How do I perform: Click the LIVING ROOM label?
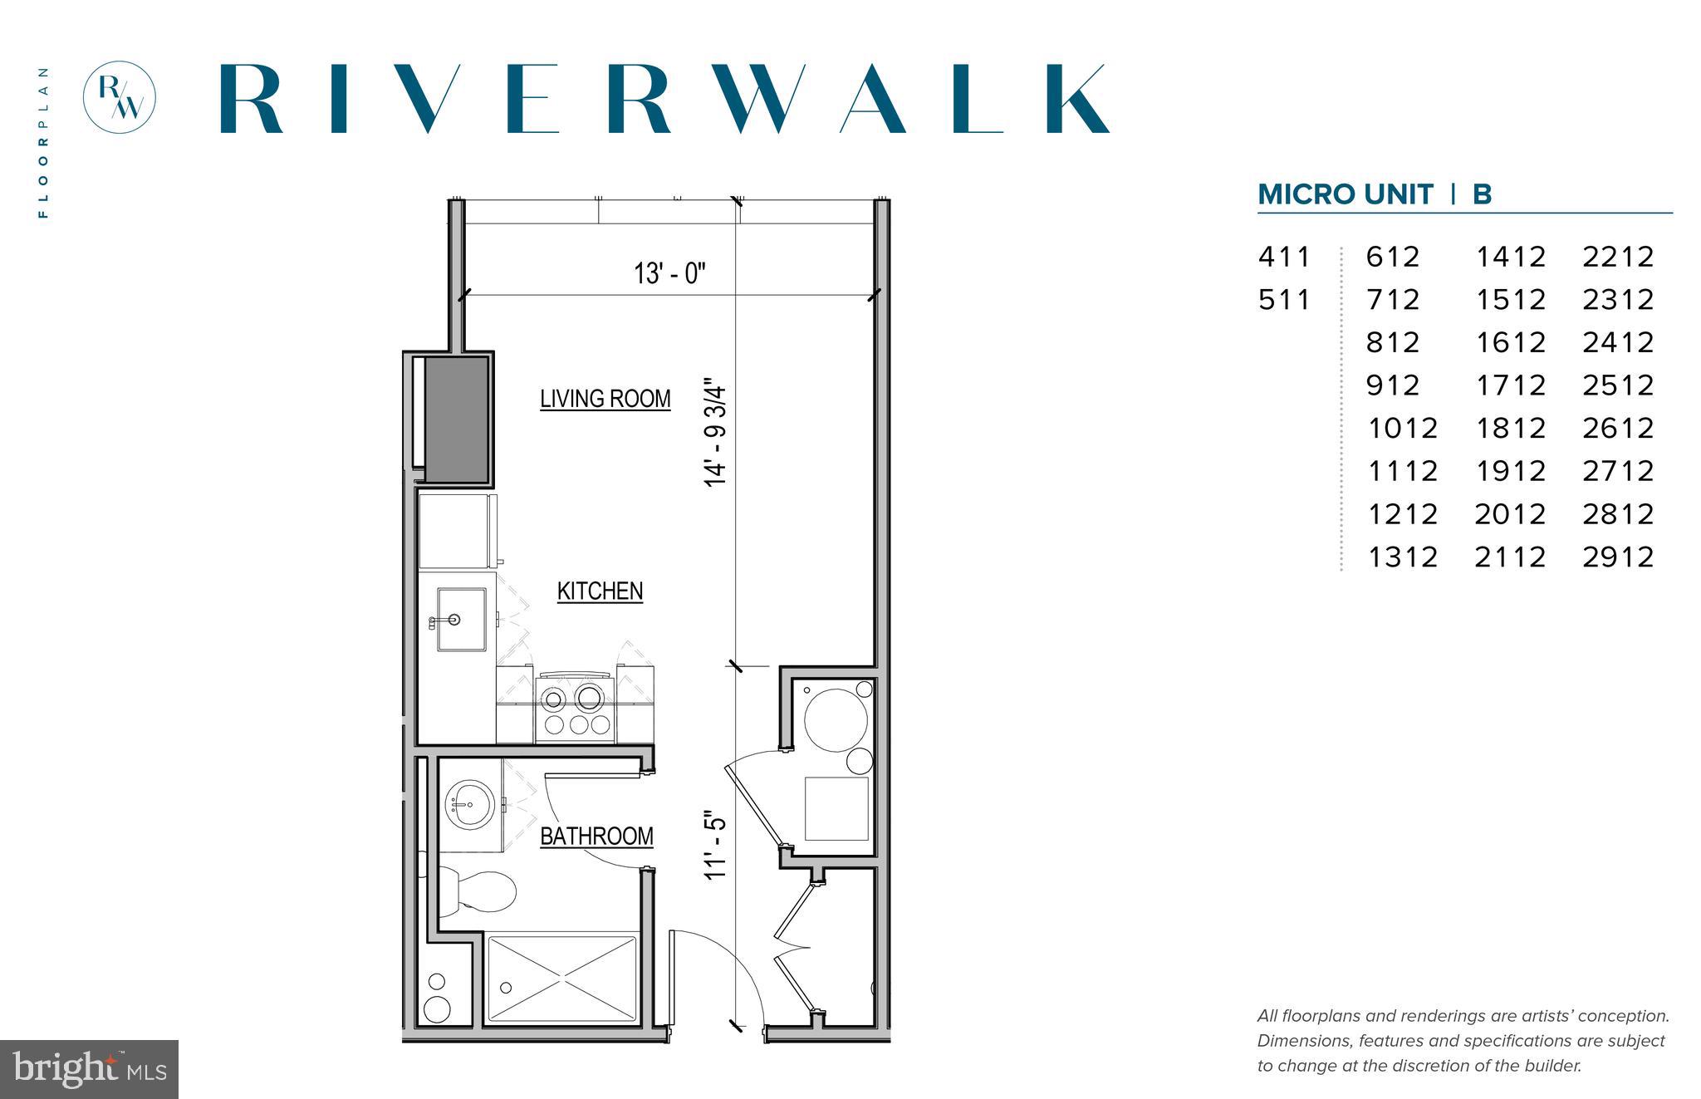click(605, 399)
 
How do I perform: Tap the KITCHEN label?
click(600, 591)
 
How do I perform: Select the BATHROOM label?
click(596, 836)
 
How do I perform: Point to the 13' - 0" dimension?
click(669, 273)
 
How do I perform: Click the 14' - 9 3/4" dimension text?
click(716, 434)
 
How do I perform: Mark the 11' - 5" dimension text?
click(716, 846)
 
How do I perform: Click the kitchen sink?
click(461, 620)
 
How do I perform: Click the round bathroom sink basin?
click(469, 804)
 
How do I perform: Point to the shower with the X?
click(561, 978)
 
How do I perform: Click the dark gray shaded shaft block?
click(456, 419)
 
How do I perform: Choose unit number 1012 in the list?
click(1402, 429)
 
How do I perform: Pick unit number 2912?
click(1618, 557)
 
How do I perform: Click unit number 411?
click(1284, 257)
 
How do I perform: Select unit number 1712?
click(1510, 385)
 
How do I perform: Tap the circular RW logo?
click(120, 97)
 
